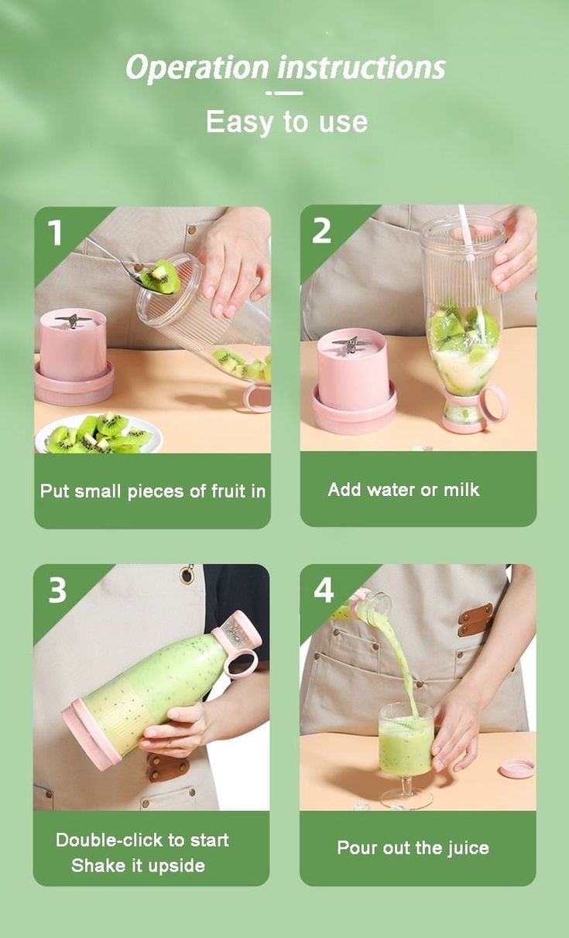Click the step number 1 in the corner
[55, 231]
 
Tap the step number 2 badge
[322, 230]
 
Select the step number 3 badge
[57, 590]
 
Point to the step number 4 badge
[324, 591]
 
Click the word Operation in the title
[198, 68]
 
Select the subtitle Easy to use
[286, 122]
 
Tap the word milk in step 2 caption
[461, 489]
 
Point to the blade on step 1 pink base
[72, 319]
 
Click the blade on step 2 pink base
[350, 342]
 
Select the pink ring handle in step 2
[492, 403]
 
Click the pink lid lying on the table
[516, 768]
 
